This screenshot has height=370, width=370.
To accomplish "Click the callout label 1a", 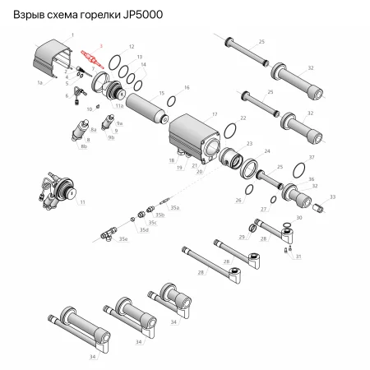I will coord(39,84).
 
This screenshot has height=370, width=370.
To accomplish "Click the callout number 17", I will coord(215,114).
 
